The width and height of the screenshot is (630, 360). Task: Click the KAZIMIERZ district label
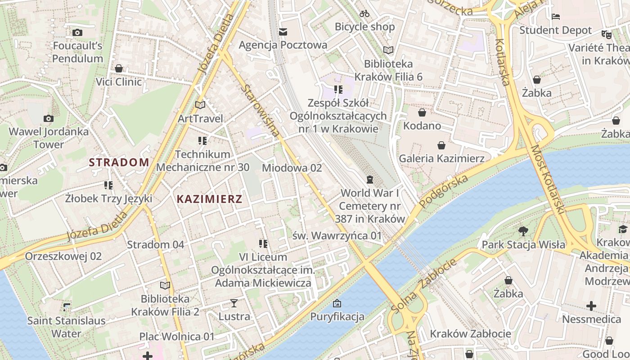[x=209, y=199]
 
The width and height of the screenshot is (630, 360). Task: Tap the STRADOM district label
[x=119, y=162]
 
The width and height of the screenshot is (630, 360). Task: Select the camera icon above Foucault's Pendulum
[x=77, y=32]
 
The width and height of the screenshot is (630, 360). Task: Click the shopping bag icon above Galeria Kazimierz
[x=441, y=145]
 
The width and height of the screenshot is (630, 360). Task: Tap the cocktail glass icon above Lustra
[x=234, y=303]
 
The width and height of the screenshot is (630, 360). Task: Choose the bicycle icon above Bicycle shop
[x=364, y=13]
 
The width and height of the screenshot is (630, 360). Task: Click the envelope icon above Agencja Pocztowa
[x=283, y=31]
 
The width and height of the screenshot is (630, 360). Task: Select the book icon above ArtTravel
[x=200, y=105]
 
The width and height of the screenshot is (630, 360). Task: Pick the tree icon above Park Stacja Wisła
[x=523, y=231]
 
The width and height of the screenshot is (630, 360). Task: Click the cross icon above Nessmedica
[x=591, y=306]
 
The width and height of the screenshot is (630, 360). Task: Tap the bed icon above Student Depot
[x=556, y=17]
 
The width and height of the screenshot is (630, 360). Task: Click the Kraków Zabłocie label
[x=470, y=333]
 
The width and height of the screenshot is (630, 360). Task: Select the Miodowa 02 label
[x=292, y=168]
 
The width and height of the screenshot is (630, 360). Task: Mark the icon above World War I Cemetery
[x=370, y=180]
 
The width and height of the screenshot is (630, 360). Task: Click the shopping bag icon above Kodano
[x=422, y=112]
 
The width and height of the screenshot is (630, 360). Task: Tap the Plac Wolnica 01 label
[x=177, y=336]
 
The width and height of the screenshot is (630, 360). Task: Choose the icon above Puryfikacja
[x=337, y=303]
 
